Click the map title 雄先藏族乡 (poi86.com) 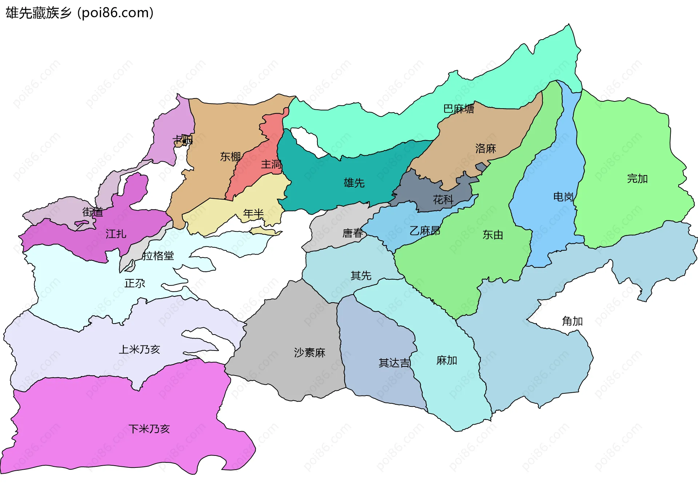[79, 13]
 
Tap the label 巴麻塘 [458, 109]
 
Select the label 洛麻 [485, 148]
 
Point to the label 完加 [637, 178]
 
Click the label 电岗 [563, 197]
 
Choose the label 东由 [493, 235]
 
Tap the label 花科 [443, 199]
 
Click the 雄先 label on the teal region [354, 182]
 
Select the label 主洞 [271, 164]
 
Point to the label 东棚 [230, 156]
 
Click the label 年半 [253, 213]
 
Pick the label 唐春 [353, 233]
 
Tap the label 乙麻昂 [425, 230]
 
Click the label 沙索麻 [309, 352]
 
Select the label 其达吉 [394, 363]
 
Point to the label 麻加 [446, 360]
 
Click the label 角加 [572, 321]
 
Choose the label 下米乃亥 [149, 429]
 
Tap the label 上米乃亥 [139, 349]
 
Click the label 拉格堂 [158, 256]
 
